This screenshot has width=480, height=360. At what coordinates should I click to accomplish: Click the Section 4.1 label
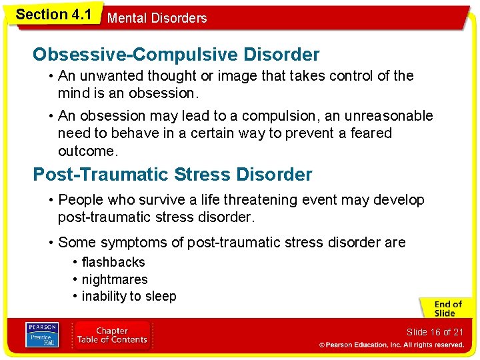tap(53, 13)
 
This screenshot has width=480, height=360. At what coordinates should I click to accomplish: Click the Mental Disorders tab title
tap(157, 18)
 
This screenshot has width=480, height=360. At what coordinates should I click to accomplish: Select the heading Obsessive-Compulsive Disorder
tap(176, 54)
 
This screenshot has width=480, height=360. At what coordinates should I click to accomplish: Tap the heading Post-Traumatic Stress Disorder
tap(172, 175)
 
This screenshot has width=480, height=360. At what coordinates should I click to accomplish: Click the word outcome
tap(87, 151)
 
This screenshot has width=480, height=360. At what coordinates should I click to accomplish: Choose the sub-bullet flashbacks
tap(113, 262)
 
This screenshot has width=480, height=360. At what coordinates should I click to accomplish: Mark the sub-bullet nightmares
tap(114, 279)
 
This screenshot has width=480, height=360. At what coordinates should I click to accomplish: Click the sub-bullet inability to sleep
tap(129, 296)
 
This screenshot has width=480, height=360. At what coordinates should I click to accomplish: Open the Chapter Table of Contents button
tap(112, 335)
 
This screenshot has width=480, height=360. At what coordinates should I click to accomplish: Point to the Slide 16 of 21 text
tap(435, 332)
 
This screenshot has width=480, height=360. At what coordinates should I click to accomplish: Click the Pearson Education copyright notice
tap(391, 345)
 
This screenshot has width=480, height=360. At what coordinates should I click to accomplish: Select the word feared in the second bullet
tap(371, 133)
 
